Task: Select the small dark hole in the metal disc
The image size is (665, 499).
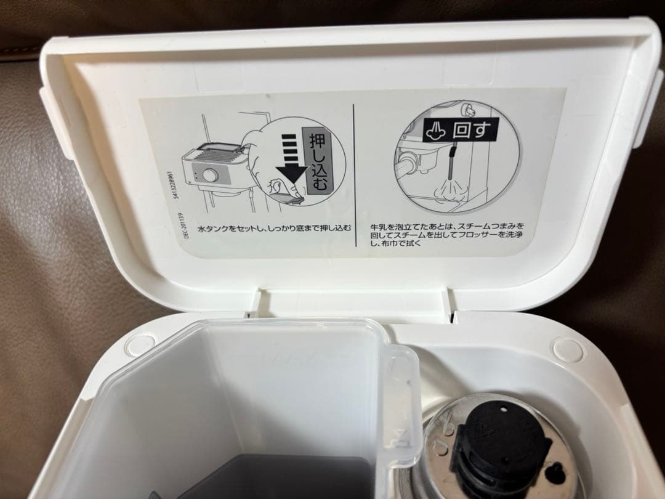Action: [553, 472]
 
